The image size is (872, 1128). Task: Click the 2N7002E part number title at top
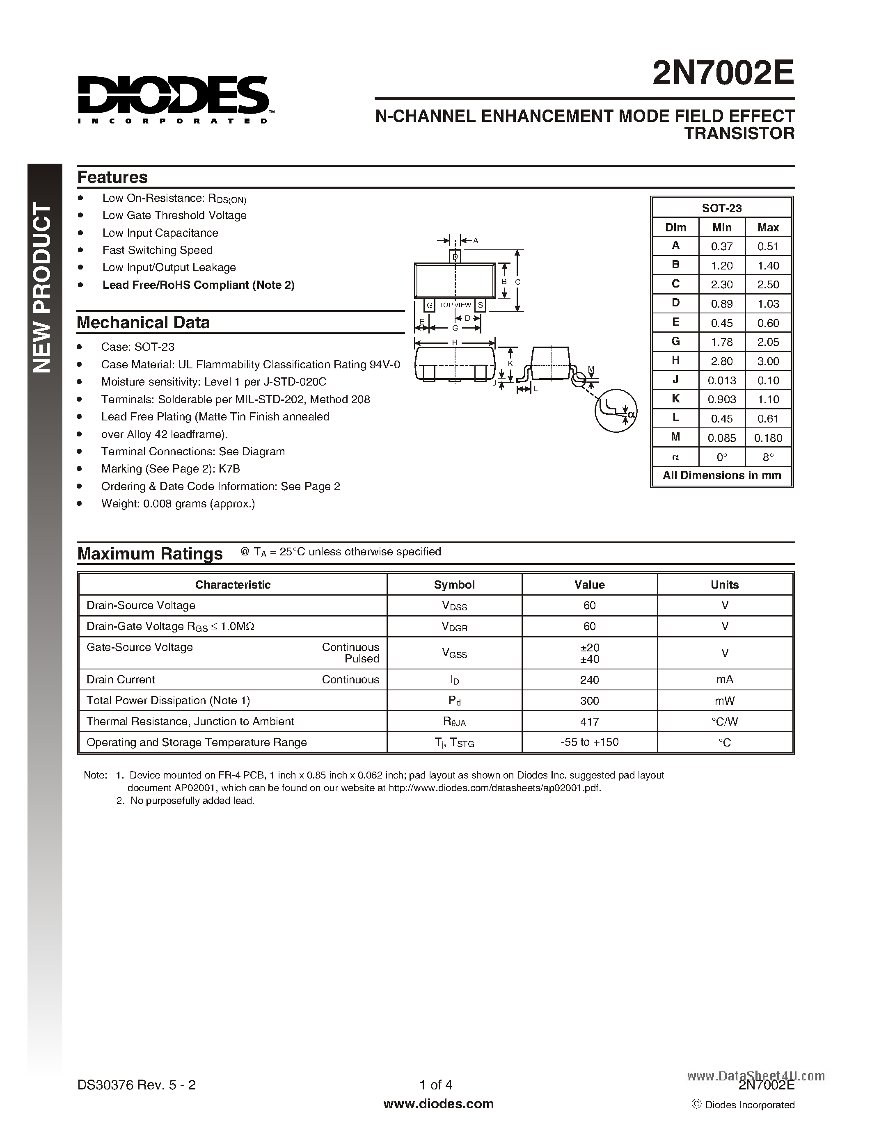(723, 74)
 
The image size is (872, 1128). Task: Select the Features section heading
(112, 177)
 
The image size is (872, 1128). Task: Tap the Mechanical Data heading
(143, 322)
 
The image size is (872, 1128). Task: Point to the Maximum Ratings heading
(150, 554)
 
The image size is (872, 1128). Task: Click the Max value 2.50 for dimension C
(768, 285)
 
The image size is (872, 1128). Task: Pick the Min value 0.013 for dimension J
(722, 381)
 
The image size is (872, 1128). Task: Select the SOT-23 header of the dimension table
(722, 208)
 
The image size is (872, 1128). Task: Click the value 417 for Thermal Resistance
(589, 722)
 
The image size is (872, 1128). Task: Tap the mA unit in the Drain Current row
(724, 680)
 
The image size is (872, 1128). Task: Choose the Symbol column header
(454, 585)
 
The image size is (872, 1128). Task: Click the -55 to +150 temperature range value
(589, 742)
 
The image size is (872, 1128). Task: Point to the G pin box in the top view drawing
(429, 305)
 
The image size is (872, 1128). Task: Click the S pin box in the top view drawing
(481, 305)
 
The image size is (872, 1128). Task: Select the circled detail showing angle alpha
(616, 411)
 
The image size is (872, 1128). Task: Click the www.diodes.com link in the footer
(438, 1104)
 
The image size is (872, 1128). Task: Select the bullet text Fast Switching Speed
(157, 250)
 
